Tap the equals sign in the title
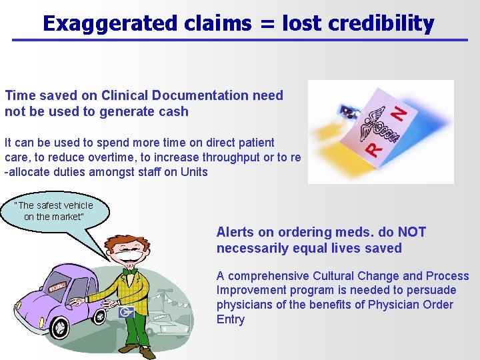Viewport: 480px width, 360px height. pos(267,25)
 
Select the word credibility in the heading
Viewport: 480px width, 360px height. pos(386,24)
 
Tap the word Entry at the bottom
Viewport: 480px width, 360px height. pos(231,319)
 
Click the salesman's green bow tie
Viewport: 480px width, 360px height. pos(131,272)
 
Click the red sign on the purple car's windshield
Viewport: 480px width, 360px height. pos(58,287)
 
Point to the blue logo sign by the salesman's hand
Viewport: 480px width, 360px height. pos(126,311)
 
